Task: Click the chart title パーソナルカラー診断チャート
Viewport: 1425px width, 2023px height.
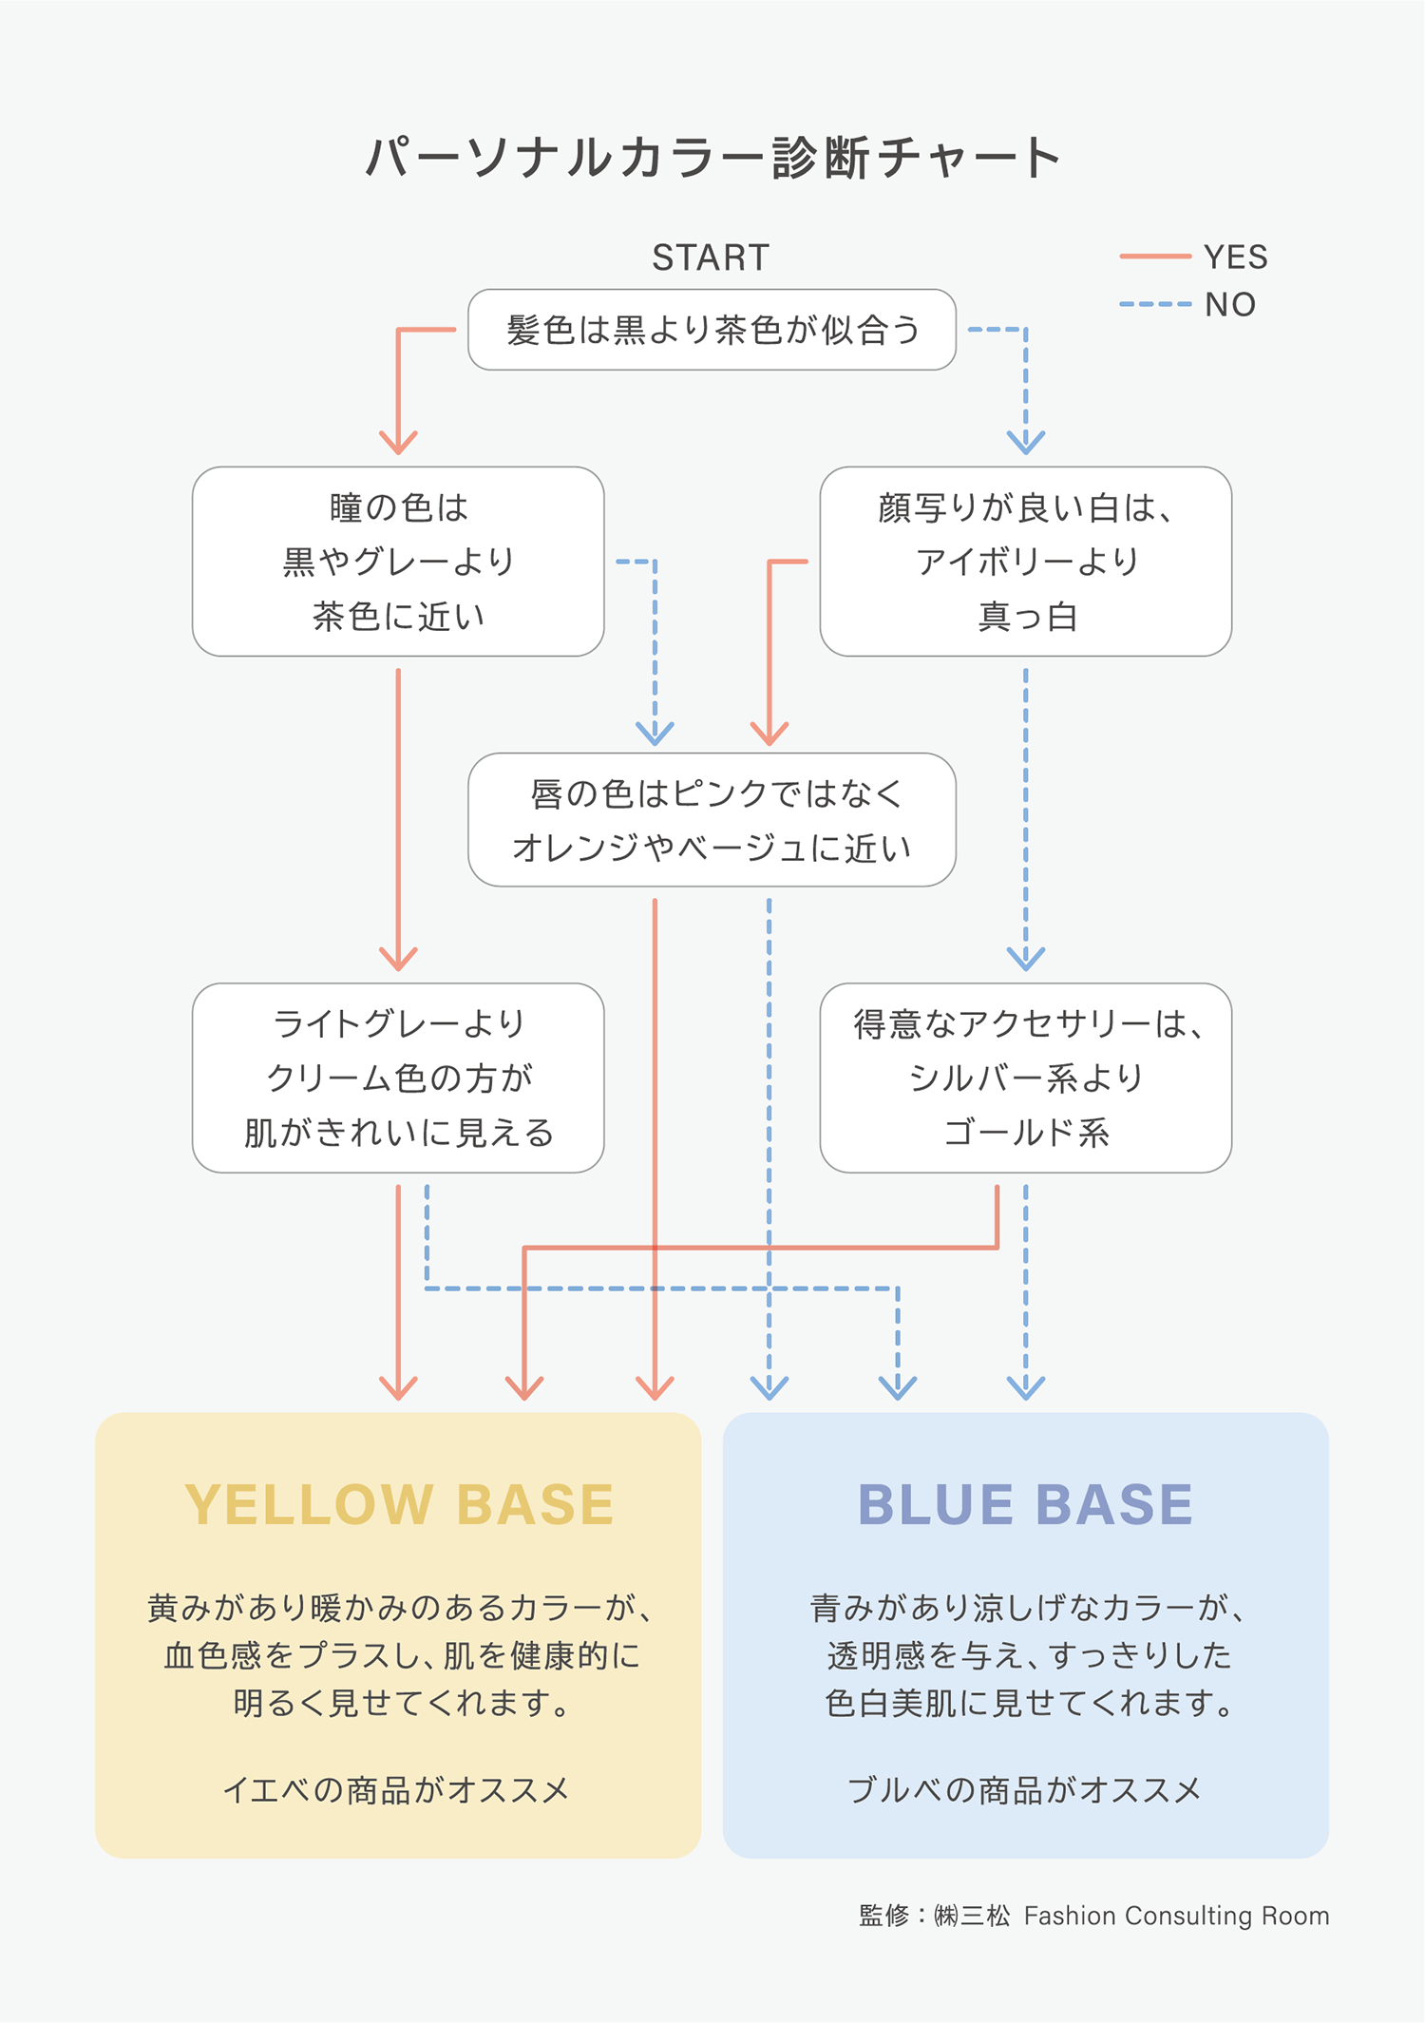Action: click(x=712, y=158)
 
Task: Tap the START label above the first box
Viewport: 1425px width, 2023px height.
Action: click(x=711, y=258)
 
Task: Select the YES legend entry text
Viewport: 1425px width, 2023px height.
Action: click(x=1235, y=257)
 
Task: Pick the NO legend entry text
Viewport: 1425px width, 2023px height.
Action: click(x=1230, y=305)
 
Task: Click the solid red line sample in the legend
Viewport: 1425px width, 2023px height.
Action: click(x=1154, y=257)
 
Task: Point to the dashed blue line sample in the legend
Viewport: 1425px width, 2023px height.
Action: click(x=1154, y=304)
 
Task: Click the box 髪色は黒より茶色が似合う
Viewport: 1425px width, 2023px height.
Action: click(x=712, y=330)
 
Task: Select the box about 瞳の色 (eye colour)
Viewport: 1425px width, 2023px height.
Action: click(x=398, y=562)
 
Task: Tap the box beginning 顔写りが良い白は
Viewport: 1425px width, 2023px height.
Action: click(x=1025, y=562)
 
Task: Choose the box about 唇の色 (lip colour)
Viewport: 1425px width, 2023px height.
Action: click(x=712, y=820)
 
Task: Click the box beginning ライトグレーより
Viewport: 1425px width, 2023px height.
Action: click(x=398, y=1078)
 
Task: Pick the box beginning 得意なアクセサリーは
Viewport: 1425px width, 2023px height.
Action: click(x=1025, y=1078)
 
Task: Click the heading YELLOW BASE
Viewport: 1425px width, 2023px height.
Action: click(x=399, y=1504)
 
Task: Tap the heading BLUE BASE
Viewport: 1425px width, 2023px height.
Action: click(x=1025, y=1504)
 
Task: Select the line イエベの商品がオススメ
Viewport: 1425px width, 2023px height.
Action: click(x=396, y=1790)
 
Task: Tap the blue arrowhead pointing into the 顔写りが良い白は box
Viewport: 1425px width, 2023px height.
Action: click(x=1026, y=443)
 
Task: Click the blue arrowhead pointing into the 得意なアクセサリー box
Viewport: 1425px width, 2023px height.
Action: click(x=1026, y=960)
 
